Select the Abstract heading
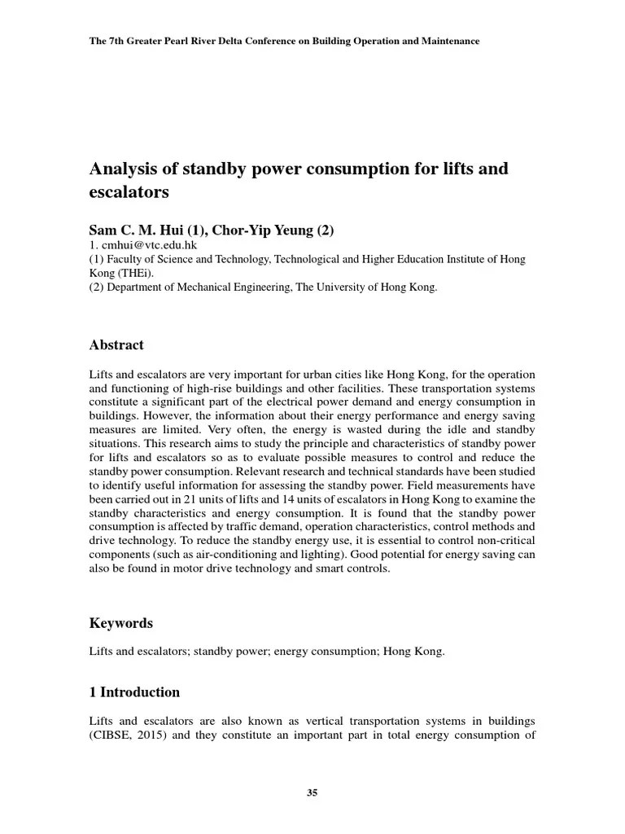pyautogui.click(x=116, y=345)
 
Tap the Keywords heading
pyautogui.click(x=120, y=623)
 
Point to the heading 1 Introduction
pyautogui.click(x=134, y=692)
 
